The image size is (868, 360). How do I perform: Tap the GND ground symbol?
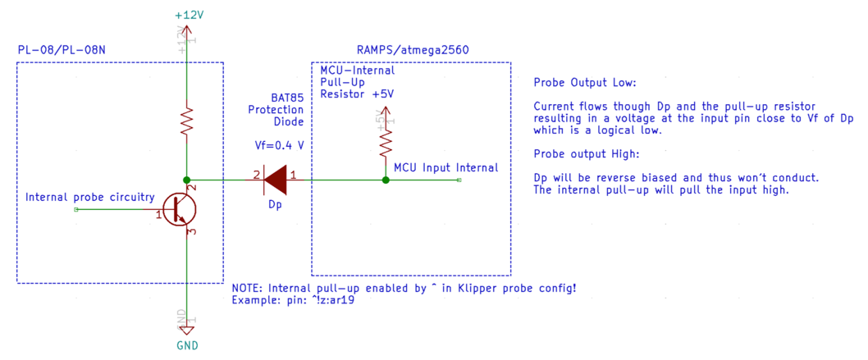(187, 330)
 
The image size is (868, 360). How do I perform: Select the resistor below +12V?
(187, 121)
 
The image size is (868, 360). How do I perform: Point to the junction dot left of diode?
(187, 180)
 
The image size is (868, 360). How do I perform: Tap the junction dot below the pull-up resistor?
(385, 180)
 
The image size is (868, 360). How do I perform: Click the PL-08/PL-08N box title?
(62, 51)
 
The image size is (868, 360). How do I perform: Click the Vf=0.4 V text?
(280, 145)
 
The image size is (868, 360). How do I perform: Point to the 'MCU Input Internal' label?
(445, 167)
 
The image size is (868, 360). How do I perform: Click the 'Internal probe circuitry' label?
(90, 198)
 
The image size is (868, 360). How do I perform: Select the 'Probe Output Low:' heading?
(584, 84)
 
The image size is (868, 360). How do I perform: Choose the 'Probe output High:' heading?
(585, 154)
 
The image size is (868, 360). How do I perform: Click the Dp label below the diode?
(275, 203)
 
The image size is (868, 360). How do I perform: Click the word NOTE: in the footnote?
(249, 289)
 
